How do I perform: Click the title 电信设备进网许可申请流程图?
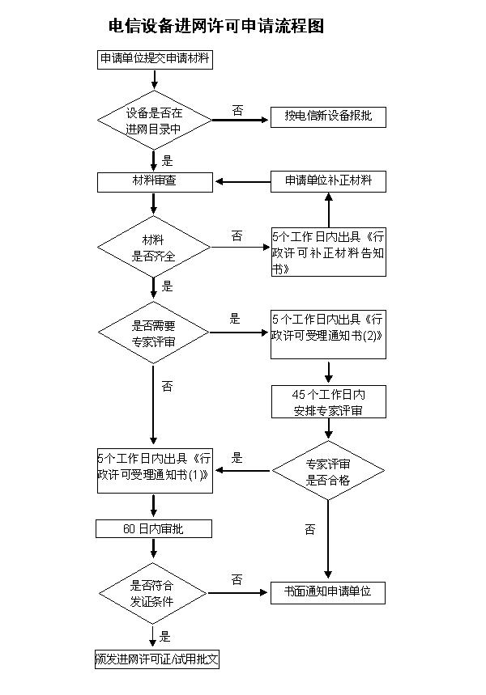click(216, 27)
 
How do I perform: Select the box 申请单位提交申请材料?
click(154, 59)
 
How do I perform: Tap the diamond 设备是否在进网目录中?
click(154, 121)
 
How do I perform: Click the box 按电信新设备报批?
click(328, 117)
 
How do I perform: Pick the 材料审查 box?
click(154, 181)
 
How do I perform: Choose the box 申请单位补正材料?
click(328, 181)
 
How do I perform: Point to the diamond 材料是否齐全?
click(154, 247)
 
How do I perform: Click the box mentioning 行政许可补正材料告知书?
click(328, 252)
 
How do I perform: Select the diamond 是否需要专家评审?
click(154, 333)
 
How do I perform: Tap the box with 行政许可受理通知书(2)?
click(328, 334)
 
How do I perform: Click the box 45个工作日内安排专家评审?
click(328, 402)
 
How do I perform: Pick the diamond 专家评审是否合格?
click(328, 471)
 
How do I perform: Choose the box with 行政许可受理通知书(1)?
click(154, 469)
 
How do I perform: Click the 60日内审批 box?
click(154, 529)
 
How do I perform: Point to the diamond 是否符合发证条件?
click(154, 593)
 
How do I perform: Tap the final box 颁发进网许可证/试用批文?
click(157, 659)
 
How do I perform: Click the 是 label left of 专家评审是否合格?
click(237, 458)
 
